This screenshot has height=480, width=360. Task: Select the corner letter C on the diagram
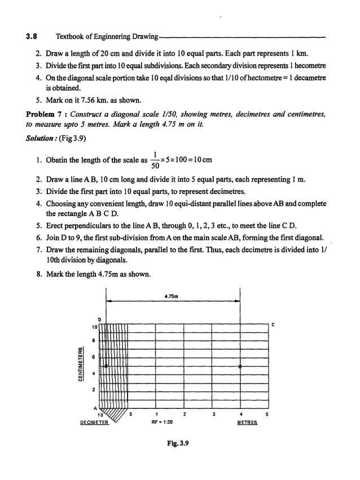pos(273,324)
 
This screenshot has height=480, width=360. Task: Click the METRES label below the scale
pos(246,422)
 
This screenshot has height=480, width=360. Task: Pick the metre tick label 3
pos(213,415)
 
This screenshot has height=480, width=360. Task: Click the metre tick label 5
pos(267,415)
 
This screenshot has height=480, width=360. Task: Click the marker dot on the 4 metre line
pos(240,367)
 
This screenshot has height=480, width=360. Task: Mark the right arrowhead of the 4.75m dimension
pos(238,301)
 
